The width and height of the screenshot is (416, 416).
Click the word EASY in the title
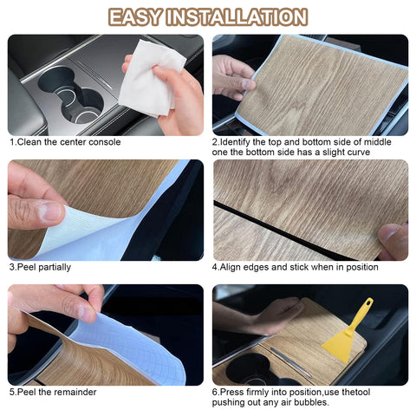134,17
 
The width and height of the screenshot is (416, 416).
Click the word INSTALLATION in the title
237,17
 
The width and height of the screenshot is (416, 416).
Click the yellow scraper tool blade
339,345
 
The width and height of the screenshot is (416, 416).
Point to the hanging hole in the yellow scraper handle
368,303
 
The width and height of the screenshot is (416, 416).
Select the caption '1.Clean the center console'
65,142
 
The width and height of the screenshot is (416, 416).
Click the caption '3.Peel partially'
40,267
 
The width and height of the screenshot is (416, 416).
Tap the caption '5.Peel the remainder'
53,392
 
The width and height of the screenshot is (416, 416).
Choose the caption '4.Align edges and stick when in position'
295,267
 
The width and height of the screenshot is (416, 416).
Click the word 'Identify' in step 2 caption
235,142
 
